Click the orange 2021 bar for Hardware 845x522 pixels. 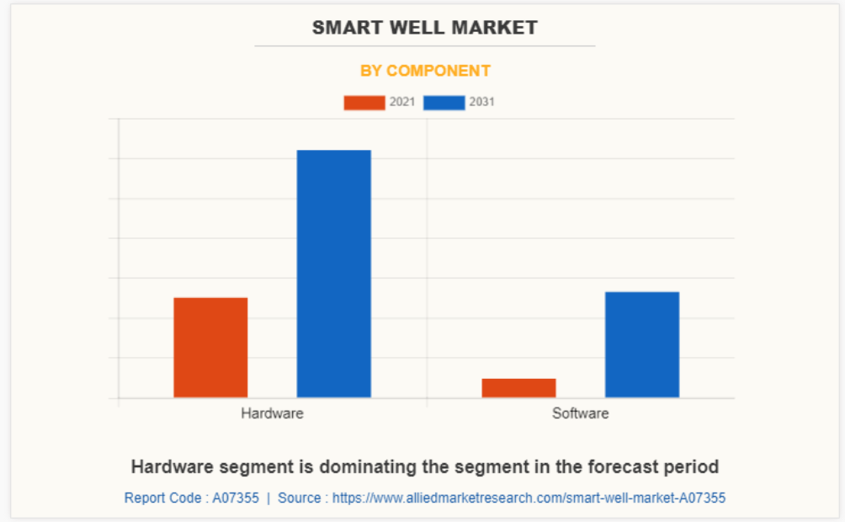point(210,347)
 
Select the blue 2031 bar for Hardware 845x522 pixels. point(333,274)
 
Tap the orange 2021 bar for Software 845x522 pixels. point(518,388)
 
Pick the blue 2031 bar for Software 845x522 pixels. point(641,344)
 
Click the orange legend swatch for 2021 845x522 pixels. point(364,103)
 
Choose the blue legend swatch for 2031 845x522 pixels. point(444,103)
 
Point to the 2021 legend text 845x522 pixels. point(402,103)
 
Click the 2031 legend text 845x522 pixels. point(482,103)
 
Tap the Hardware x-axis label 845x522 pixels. point(272,413)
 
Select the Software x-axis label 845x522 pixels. point(580,413)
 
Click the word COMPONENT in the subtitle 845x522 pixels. point(438,71)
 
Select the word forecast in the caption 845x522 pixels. point(624,466)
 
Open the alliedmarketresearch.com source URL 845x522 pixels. point(529,498)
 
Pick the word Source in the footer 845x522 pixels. point(300,498)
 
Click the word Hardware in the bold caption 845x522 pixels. point(171,466)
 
